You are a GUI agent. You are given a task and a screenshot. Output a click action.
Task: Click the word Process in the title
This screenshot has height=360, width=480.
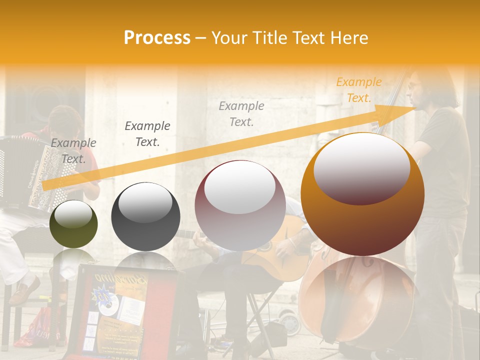tap(157, 38)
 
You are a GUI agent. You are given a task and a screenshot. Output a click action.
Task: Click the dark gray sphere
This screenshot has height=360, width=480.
tap(145, 216)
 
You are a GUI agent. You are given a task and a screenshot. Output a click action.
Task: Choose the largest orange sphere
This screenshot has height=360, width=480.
tap(362, 194)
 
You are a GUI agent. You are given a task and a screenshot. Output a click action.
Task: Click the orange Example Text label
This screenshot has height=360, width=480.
tap(359, 90)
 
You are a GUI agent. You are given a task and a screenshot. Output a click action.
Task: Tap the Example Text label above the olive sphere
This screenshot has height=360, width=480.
tap(73, 150)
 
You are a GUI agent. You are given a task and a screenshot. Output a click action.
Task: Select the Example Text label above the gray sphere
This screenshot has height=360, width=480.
tap(147, 133)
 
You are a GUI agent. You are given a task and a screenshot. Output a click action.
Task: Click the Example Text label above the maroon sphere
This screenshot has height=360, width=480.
tap(241, 113)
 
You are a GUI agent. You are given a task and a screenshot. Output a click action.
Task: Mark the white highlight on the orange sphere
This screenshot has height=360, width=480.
tap(361, 167)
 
